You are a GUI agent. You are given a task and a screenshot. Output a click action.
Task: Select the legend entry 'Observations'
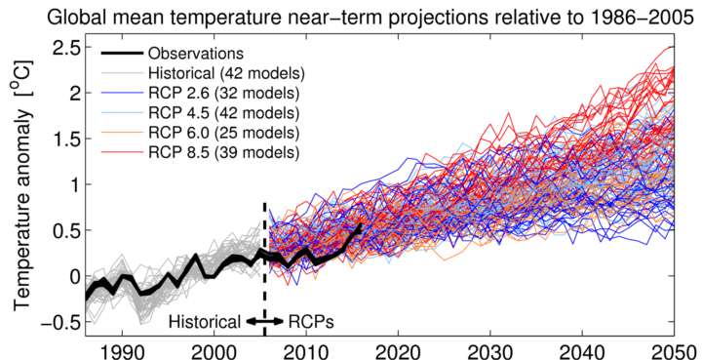pos(194,53)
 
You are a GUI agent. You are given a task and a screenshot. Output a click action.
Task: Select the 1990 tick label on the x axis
pos(122,349)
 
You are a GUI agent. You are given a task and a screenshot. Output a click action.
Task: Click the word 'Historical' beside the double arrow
pos(205,321)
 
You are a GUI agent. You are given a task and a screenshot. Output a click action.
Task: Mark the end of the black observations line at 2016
pos(360,226)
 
